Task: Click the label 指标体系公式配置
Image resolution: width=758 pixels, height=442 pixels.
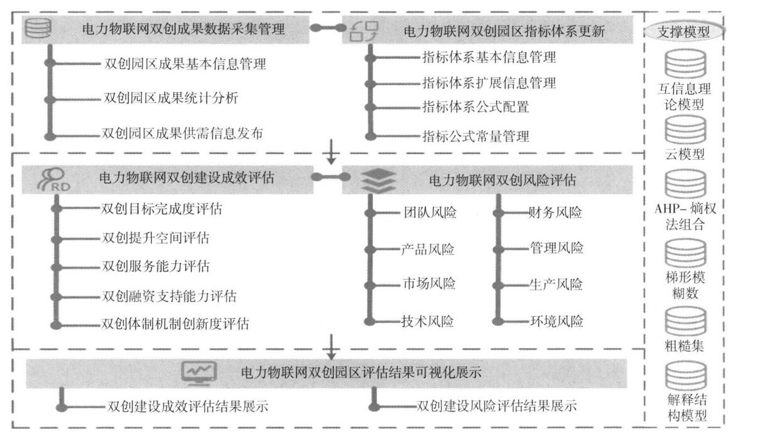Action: point(475,107)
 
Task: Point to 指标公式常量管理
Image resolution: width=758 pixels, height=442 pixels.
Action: point(475,135)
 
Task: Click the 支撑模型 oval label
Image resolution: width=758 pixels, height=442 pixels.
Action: point(685,32)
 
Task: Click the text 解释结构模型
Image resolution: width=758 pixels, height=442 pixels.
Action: point(685,407)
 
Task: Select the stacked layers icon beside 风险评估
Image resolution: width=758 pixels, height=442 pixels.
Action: point(378,181)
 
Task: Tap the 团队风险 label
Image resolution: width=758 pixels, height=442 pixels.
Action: point(430,213)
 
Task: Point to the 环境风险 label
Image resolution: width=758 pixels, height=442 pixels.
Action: point(556,322)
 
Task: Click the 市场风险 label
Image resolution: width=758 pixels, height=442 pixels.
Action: point(429,283)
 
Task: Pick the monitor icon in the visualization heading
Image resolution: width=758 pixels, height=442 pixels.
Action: point(198,372)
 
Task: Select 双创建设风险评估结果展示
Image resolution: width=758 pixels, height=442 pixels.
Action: point(496,406)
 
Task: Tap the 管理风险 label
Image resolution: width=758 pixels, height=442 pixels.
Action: point(556,248)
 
